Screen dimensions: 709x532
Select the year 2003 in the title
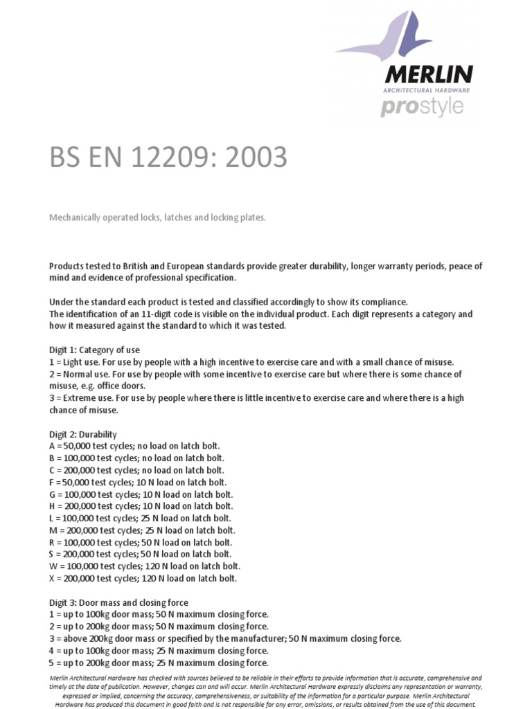[x=256, y=158]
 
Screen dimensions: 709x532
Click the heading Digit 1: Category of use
[x=94, y=350]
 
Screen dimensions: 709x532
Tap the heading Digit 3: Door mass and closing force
[x=118, y=602]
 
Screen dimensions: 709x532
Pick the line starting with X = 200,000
[x=143, y=578]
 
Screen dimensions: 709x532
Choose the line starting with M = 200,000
[x=141, y=530]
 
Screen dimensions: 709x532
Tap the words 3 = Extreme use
[x=82, y=398]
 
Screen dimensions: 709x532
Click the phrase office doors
[x=127, y=386]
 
